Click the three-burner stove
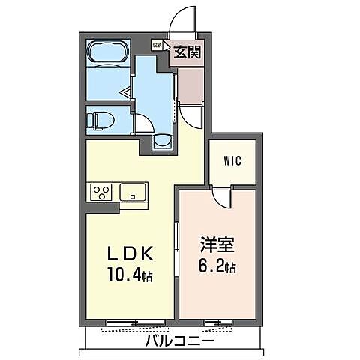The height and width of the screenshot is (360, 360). (x=100, y=192)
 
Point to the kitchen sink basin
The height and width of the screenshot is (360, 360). (x=133, y=192)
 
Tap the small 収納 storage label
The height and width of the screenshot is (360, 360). (x=157, y=46)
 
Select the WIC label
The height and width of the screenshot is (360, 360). (x=232, y=160)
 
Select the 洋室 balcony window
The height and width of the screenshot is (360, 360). (x=216, y=324)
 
